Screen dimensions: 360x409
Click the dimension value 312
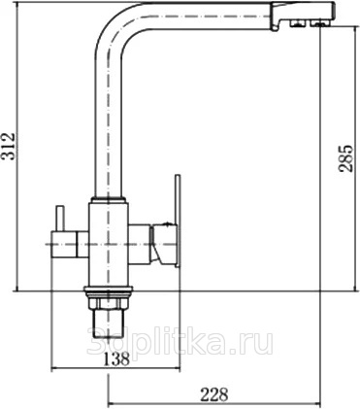point(9,146)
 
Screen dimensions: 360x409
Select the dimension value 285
point(344,157)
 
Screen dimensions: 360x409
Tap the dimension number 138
point(116,358)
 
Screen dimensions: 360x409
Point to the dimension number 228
point(214,394)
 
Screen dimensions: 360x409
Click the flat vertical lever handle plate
point(178,222)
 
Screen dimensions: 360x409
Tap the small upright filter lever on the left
point(60,219)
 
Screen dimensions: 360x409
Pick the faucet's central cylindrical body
point(109,244)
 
